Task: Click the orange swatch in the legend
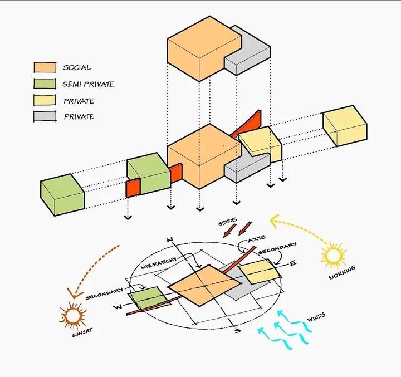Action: pyautogui.click(x=45, y=67)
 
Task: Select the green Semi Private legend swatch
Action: pyautogui.click(x=45, y=84)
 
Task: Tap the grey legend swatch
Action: pyautogui.click(x=45, y=116)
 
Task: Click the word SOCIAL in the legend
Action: pyautogui.click(x=77, y=67)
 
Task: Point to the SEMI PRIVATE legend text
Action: pyautogui.click(x=88, y=84)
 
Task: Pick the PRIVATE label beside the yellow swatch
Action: pyautogui.click(x=79, y=101)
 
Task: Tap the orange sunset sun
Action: pyautogui.click(x=72, y=316)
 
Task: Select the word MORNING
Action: pyautogui.click(x=341, y=273)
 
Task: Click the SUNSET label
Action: pyautogui.click(x=82, y=332)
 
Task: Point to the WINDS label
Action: pyautogui.click(x=316, y=317)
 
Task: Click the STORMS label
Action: pyautogui.click(x=227, y=222)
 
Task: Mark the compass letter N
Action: pyautogui.click(x=170, y=240)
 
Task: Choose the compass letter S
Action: pyautogui.click(x=238, y=330)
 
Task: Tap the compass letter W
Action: pyautogui.click(x=118, y=307)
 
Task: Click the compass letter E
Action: pyautogui.click(x=292, y=263)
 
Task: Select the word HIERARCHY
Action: pyautogui.click(x=159, y=263)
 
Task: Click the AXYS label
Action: pyautogui.click(x=257, y=239)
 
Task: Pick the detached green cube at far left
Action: pyautogui.click(x=62, y=195)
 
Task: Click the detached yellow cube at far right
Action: pyautogui.click(x=345, y=126)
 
